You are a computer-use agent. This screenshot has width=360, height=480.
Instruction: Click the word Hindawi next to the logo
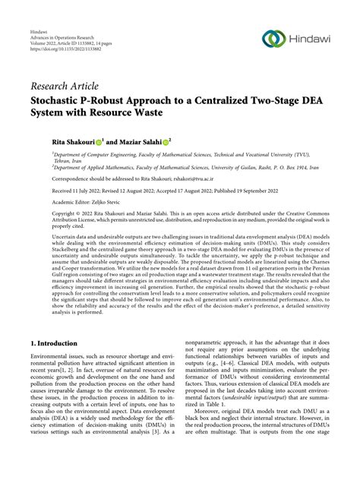point(311,39)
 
